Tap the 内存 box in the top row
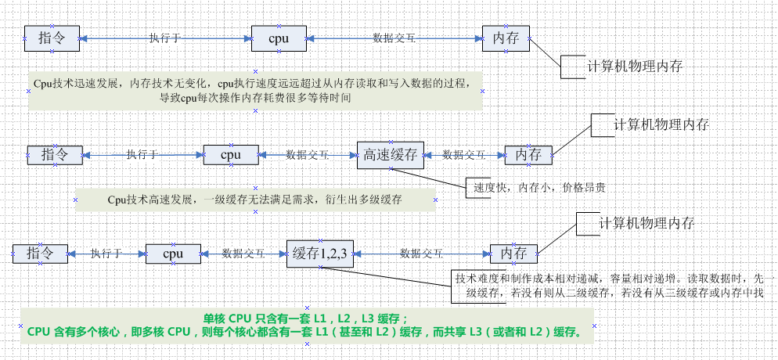(x=506, y=38)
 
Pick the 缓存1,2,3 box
(x=320, y=252)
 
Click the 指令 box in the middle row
(x=54, y=155)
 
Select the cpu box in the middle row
(x=230, y=155)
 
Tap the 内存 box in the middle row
(x=528, y=155)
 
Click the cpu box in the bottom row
(x=173, y=253)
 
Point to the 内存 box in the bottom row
(x=514, y=254)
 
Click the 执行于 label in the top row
(x=165, y=38)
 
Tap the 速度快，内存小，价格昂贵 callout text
(x=539, y=188)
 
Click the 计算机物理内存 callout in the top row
(x=635, y=67)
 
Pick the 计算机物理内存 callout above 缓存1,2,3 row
(x=646, y=223)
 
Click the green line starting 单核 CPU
(x=305, y=319)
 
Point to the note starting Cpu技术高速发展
(x=255, y=200)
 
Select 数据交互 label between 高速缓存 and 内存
(x=463, y=155)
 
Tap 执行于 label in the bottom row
(x=106, y=253)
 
